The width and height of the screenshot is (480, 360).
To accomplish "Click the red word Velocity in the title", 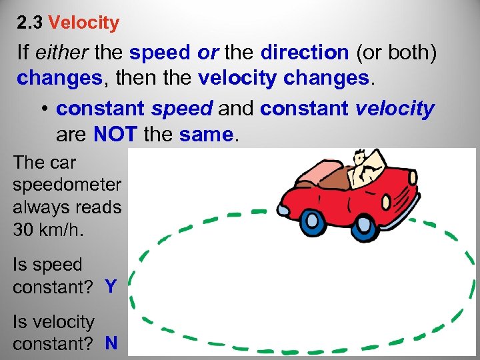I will (x=84, y=23).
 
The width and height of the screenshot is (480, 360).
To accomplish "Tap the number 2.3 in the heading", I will (x=31, y=23).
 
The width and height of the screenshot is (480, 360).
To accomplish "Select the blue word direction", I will (x=305, y=53).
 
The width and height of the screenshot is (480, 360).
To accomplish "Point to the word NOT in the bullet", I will (x=116, y=135).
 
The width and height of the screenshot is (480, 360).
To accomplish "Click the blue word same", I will (x=207, y=135).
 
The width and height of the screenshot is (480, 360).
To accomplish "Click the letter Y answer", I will (x=111, y=287).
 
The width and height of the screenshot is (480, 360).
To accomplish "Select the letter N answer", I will (x=111, y=343).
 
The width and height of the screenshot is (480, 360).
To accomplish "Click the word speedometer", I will (x=67, y=185).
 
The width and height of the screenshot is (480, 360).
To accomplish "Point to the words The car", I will (x=44, y=162).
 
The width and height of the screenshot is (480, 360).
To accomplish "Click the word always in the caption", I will (x=44, y=207).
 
